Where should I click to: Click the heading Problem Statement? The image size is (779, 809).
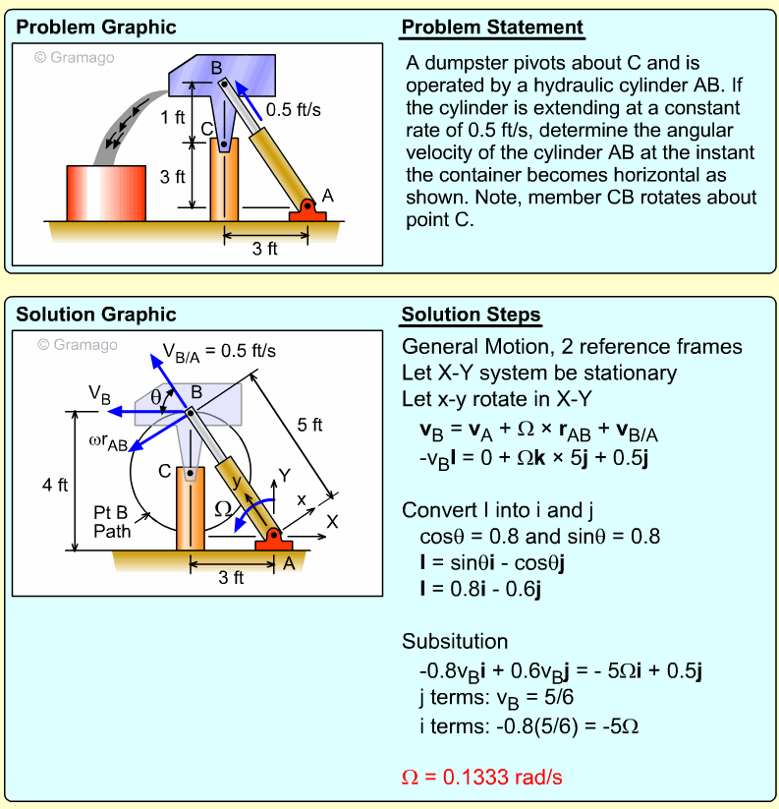[492, 28]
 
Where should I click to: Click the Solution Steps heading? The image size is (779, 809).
[470, 316]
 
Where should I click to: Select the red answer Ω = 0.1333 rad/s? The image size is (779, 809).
[482, 777]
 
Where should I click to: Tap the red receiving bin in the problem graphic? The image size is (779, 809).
[106, 193]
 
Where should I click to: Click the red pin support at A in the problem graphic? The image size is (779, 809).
[307, 209]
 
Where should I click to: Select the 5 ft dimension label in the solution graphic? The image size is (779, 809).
[310, 425]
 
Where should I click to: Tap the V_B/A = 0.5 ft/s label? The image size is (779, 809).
[219, 350]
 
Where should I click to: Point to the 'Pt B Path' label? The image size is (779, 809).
[112, 522]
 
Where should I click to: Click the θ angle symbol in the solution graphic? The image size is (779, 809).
[156, 396]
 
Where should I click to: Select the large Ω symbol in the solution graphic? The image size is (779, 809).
[225, 508]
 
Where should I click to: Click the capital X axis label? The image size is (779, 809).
[332, 523]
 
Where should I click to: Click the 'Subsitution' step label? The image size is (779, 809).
[455, 642]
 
